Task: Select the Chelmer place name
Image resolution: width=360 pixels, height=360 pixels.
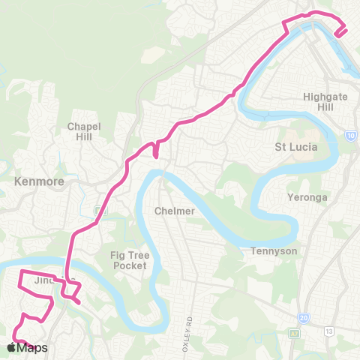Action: [174, 211]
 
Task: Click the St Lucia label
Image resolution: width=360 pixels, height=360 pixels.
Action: [297, 147]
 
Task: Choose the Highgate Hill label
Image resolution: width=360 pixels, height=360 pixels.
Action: [323, 102]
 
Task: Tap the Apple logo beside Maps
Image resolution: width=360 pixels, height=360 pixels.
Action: [10, 347]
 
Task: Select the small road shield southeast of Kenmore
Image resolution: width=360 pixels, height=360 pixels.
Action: [100, 210]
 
